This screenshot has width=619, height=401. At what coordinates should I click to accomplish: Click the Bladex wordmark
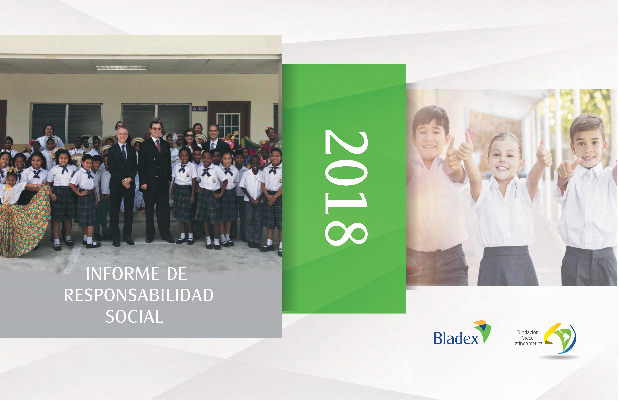(x=456, y=339)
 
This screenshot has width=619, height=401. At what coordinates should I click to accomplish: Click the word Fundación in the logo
(x=527, y=332)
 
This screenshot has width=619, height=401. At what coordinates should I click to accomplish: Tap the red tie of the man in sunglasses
(x=158, y=146)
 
